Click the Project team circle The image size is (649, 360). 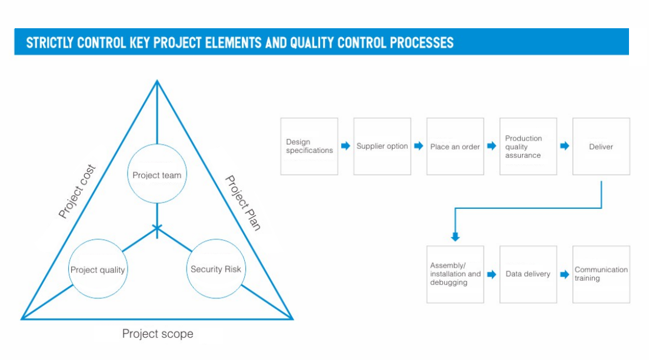point(157,175)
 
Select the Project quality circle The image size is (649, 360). point(98,270)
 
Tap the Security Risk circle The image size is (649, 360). point(215,269)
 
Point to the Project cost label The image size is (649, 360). point(77,192)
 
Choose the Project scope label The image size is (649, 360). point(157,334)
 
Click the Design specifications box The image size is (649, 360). point(309,146)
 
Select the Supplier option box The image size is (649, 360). point(382,146)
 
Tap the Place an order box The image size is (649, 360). point(455,146)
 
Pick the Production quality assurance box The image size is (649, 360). point(528,146)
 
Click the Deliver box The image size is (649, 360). point(601,146)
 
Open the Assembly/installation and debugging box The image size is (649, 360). point(455,274)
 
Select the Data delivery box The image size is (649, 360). point(528,274)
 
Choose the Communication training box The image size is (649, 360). point(601,274)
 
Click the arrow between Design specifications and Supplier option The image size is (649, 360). point(346,146)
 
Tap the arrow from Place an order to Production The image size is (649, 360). point(492,146)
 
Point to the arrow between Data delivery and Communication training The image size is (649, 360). point(565,274)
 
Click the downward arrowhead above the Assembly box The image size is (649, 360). point(455,237)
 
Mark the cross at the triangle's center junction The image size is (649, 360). point(157,228)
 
